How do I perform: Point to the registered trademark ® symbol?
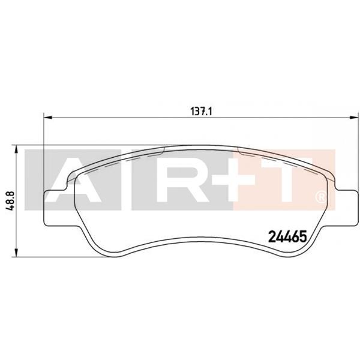tap(322, 196)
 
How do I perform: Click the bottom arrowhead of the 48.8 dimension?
tap(16, 250)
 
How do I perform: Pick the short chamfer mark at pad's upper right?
tap(239, 152)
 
